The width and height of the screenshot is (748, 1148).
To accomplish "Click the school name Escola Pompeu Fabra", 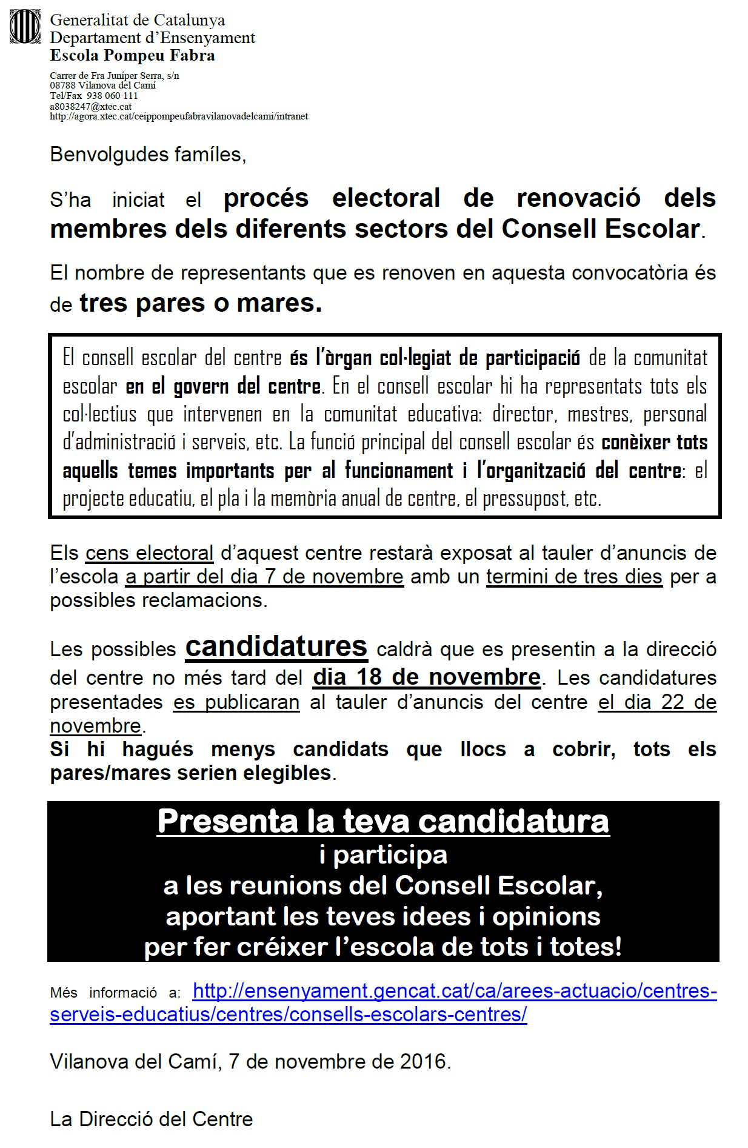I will tap(132, 56).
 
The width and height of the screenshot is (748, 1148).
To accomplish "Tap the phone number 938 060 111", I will tap(112, 96).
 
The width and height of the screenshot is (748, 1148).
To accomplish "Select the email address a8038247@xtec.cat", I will tap(91, 106).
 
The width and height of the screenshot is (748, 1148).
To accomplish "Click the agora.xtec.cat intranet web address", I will tap(179, 116).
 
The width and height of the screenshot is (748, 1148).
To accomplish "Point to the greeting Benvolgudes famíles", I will tap(148, 155).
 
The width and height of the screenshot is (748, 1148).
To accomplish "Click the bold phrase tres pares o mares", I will tap(201, 303).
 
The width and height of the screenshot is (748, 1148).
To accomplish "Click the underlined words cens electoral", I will tap(149, 553).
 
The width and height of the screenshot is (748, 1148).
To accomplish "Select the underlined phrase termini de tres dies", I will tap(574, 577).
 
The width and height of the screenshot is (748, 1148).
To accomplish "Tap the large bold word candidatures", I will tap(276, 646).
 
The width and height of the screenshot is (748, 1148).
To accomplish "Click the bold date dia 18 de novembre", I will tap(427, 677).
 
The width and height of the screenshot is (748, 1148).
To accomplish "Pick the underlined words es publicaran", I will tap(236, 702).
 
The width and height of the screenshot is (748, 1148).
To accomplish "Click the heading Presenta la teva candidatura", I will tap(383, 821).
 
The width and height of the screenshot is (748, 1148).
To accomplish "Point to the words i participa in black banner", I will tap(383, 854).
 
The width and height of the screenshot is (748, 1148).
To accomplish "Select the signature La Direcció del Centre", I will tap(152, 1119).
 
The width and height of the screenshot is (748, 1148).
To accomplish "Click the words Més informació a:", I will tap(115, 993).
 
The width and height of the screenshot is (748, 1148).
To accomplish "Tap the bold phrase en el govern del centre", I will tap(224, 386).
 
